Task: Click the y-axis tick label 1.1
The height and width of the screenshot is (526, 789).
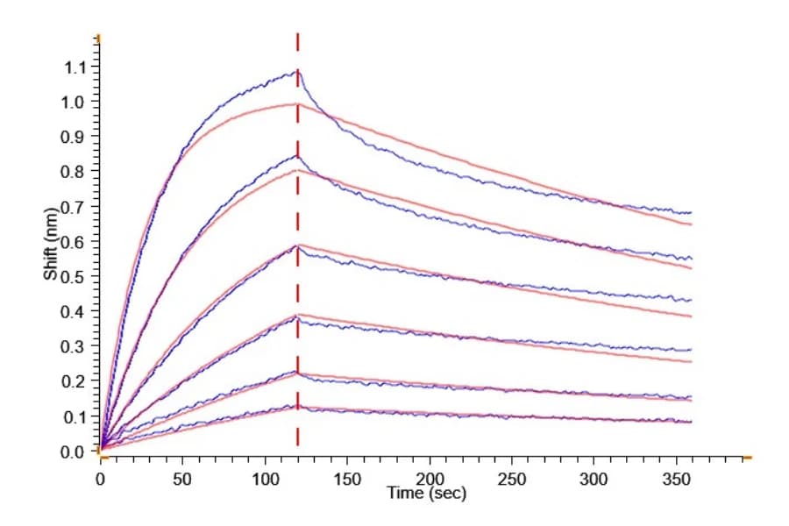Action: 75,67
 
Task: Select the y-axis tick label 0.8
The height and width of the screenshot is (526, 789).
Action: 72,172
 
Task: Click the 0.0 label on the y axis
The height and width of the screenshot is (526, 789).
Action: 72,452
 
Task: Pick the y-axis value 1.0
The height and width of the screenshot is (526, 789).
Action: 72,102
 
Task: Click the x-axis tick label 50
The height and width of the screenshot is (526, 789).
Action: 182,480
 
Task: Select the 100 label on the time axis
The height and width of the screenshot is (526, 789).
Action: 265,480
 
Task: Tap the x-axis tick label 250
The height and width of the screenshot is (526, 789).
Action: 512,480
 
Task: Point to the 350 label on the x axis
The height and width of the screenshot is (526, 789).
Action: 676,480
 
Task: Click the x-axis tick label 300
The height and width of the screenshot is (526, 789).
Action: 594,480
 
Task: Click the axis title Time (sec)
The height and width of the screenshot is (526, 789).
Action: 426,493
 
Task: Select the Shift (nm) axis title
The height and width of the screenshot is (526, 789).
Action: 51,244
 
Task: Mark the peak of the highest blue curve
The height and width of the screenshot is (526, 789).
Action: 298,71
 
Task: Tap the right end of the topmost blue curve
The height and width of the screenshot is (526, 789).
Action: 692,212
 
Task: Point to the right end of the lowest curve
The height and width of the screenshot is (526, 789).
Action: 692,422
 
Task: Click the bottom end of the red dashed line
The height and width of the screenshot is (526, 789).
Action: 297,445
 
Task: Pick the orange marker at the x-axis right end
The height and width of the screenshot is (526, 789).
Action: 748,458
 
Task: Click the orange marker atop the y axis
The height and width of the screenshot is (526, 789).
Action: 98,39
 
